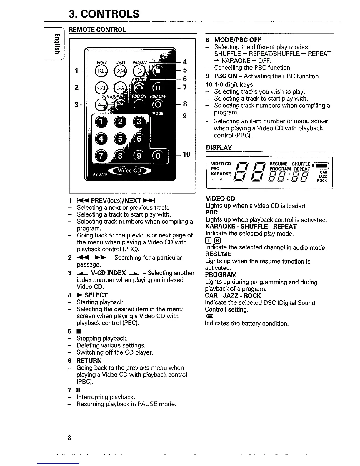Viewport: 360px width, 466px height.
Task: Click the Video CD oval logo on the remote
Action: point(129,171)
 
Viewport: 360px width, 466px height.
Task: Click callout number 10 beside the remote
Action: point(186,154)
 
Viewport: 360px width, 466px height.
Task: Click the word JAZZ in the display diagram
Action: point(323,176)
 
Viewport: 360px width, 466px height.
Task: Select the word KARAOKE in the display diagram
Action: point(221,174)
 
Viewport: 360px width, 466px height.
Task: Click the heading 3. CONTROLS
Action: point(104,14)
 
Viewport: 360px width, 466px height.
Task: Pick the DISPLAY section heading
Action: point(219,147)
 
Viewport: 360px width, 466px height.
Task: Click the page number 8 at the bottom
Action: point(69,438)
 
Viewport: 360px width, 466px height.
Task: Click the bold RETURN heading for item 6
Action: point(89,360)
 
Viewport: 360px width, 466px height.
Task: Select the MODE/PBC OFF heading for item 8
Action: point(237,40)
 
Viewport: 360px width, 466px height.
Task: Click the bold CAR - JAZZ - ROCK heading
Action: point(233,296)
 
